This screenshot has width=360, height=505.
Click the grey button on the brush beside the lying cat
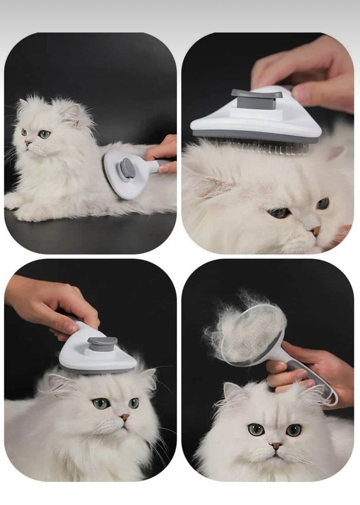point(127,169)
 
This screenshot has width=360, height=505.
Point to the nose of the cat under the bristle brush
point(315,231)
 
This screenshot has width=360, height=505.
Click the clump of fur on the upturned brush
point(242,329)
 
